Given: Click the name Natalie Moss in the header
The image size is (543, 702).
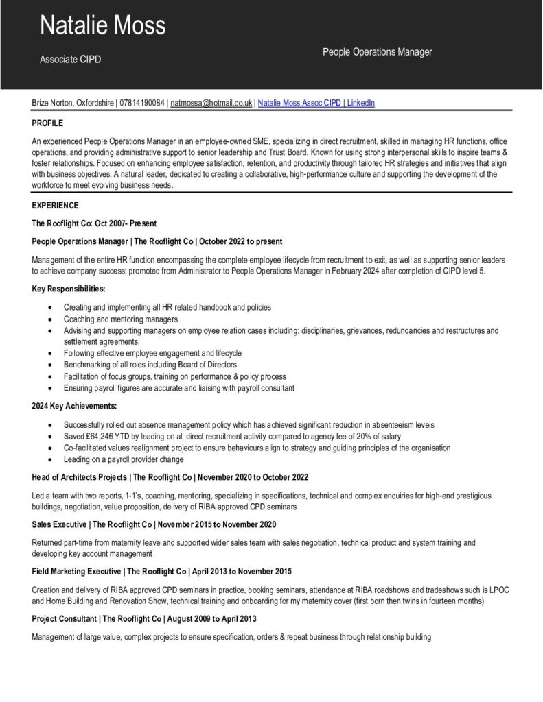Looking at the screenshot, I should pos(102,25).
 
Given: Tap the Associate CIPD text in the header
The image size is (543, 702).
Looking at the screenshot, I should pos(70,60).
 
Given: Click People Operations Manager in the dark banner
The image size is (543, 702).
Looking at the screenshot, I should pos(377,52).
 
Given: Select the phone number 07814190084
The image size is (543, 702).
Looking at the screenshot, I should pos(142,103).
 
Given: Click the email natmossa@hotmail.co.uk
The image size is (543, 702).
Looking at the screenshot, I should pos(211,103).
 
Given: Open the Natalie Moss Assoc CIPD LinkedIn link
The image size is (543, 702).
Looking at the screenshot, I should pos(316,103).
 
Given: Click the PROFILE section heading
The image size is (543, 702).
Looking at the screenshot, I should pos(47,123).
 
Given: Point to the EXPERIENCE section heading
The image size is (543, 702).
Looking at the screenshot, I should pos(55,206).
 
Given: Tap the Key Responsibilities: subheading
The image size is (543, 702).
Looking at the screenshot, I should pos(69,289).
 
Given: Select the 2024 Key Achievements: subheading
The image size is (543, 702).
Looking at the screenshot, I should pos(74,407).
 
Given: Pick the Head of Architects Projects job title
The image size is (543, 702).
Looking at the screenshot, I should pos(78,477).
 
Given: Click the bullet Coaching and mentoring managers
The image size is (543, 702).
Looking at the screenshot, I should pos(121,319).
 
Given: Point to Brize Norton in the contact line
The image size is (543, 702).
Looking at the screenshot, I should pos(53,103).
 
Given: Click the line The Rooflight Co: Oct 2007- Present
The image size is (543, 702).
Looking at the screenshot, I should pos(94,223).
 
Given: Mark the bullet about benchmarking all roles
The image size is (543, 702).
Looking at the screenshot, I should pos(150,365).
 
